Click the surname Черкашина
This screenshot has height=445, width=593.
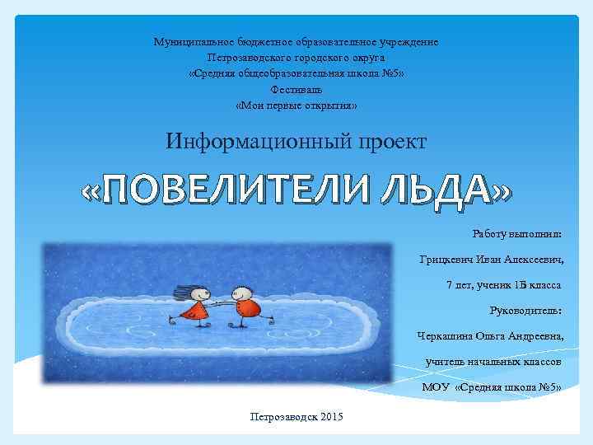(449, 336)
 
